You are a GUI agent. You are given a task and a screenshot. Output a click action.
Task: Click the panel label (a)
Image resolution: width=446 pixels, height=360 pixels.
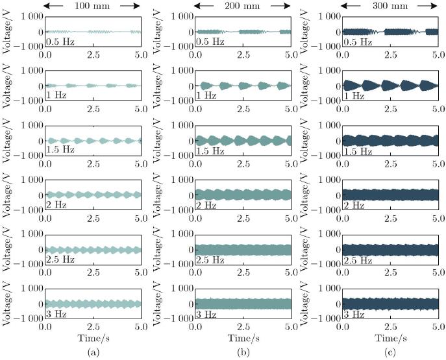(x=93, y=354)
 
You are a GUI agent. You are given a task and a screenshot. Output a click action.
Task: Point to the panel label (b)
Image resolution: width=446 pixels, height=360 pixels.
(x=243, y=354)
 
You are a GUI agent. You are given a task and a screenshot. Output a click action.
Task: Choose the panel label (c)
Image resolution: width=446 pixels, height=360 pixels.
(x=392, y=354)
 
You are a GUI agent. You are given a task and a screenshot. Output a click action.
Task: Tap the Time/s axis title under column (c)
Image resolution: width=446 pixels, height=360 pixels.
(x=392, y=340)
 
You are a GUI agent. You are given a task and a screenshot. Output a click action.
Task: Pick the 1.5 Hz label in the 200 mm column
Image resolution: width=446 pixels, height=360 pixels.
(x=210, y=150)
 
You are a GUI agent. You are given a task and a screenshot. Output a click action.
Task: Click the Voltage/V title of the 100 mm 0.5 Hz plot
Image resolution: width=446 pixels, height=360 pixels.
(x=6, y=31)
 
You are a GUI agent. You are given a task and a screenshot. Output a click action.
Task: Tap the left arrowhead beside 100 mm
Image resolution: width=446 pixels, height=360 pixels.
(x=49, y=6)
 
